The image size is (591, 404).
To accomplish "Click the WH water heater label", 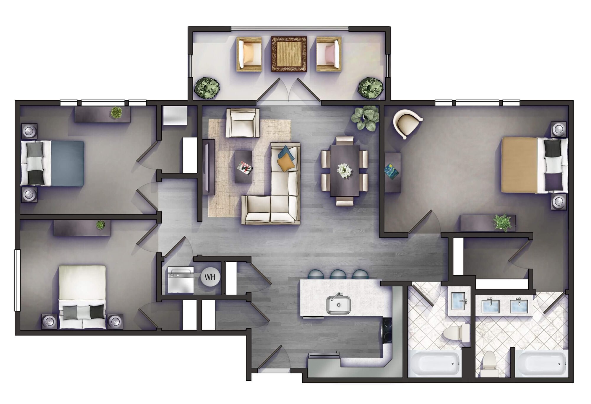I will (x=210, y=277).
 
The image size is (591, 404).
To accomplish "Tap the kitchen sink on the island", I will (x=339, y=304).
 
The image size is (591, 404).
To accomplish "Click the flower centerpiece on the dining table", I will (x=345, y=171).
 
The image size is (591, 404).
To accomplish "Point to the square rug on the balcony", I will (x=289, y=54).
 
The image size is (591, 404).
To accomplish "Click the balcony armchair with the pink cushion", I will (x=329, y=54).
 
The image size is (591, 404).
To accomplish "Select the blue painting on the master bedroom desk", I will (x=392, y=172).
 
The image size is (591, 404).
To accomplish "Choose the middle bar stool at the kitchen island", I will (x=338, y=275).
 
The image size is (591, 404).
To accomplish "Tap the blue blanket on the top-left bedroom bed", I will (x=67, y=164).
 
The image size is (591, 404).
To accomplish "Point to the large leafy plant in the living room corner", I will (x=365, y=118).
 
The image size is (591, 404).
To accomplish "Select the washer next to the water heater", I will (x=181, y=280).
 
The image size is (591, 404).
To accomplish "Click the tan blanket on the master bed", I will (x=519, y=165).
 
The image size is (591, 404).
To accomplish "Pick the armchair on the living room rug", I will (x=243, y=123).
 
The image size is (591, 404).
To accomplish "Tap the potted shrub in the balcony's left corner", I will (x=207, y=88).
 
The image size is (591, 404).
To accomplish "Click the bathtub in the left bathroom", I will (x=434, y=363).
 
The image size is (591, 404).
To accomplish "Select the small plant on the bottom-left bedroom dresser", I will (x=100, y=225).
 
